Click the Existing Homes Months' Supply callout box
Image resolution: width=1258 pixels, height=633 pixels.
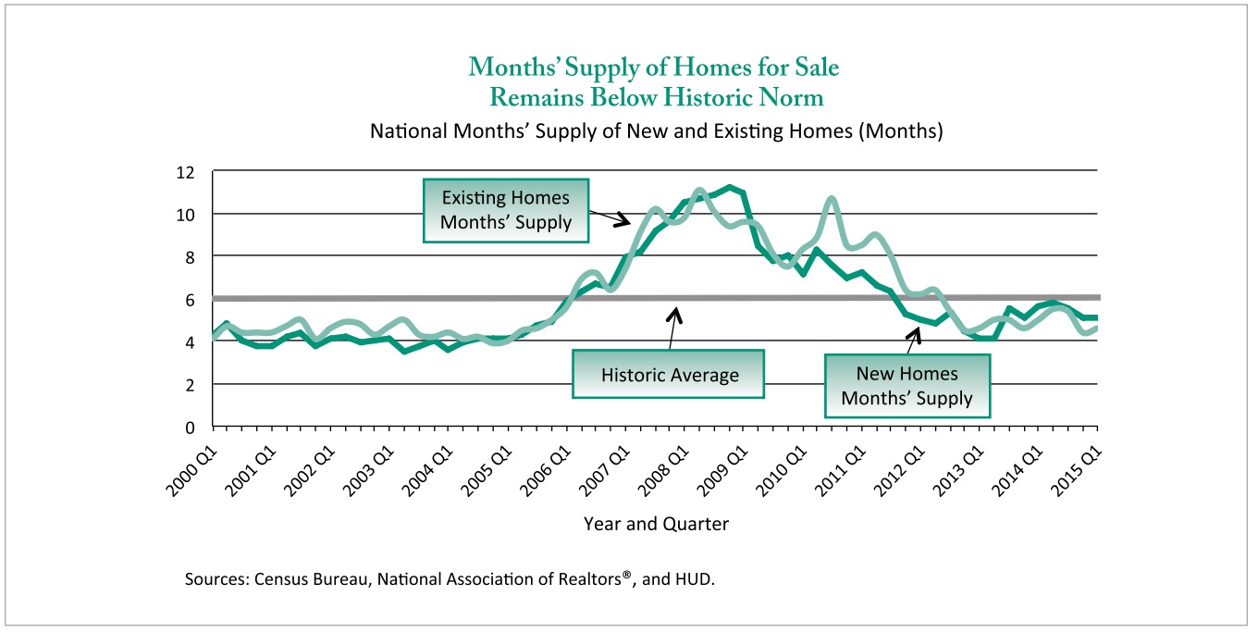(x=505, y=210)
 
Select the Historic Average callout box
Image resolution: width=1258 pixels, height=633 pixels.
(x=670, y=375)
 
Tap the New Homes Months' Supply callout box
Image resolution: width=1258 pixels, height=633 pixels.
(x=907, y=386)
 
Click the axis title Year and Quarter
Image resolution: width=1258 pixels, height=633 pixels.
(x=656, y=524)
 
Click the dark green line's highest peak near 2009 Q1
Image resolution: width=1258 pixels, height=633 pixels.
(x=731, y=187)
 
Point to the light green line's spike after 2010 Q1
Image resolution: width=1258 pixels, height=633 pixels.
(x=831, y=199)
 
